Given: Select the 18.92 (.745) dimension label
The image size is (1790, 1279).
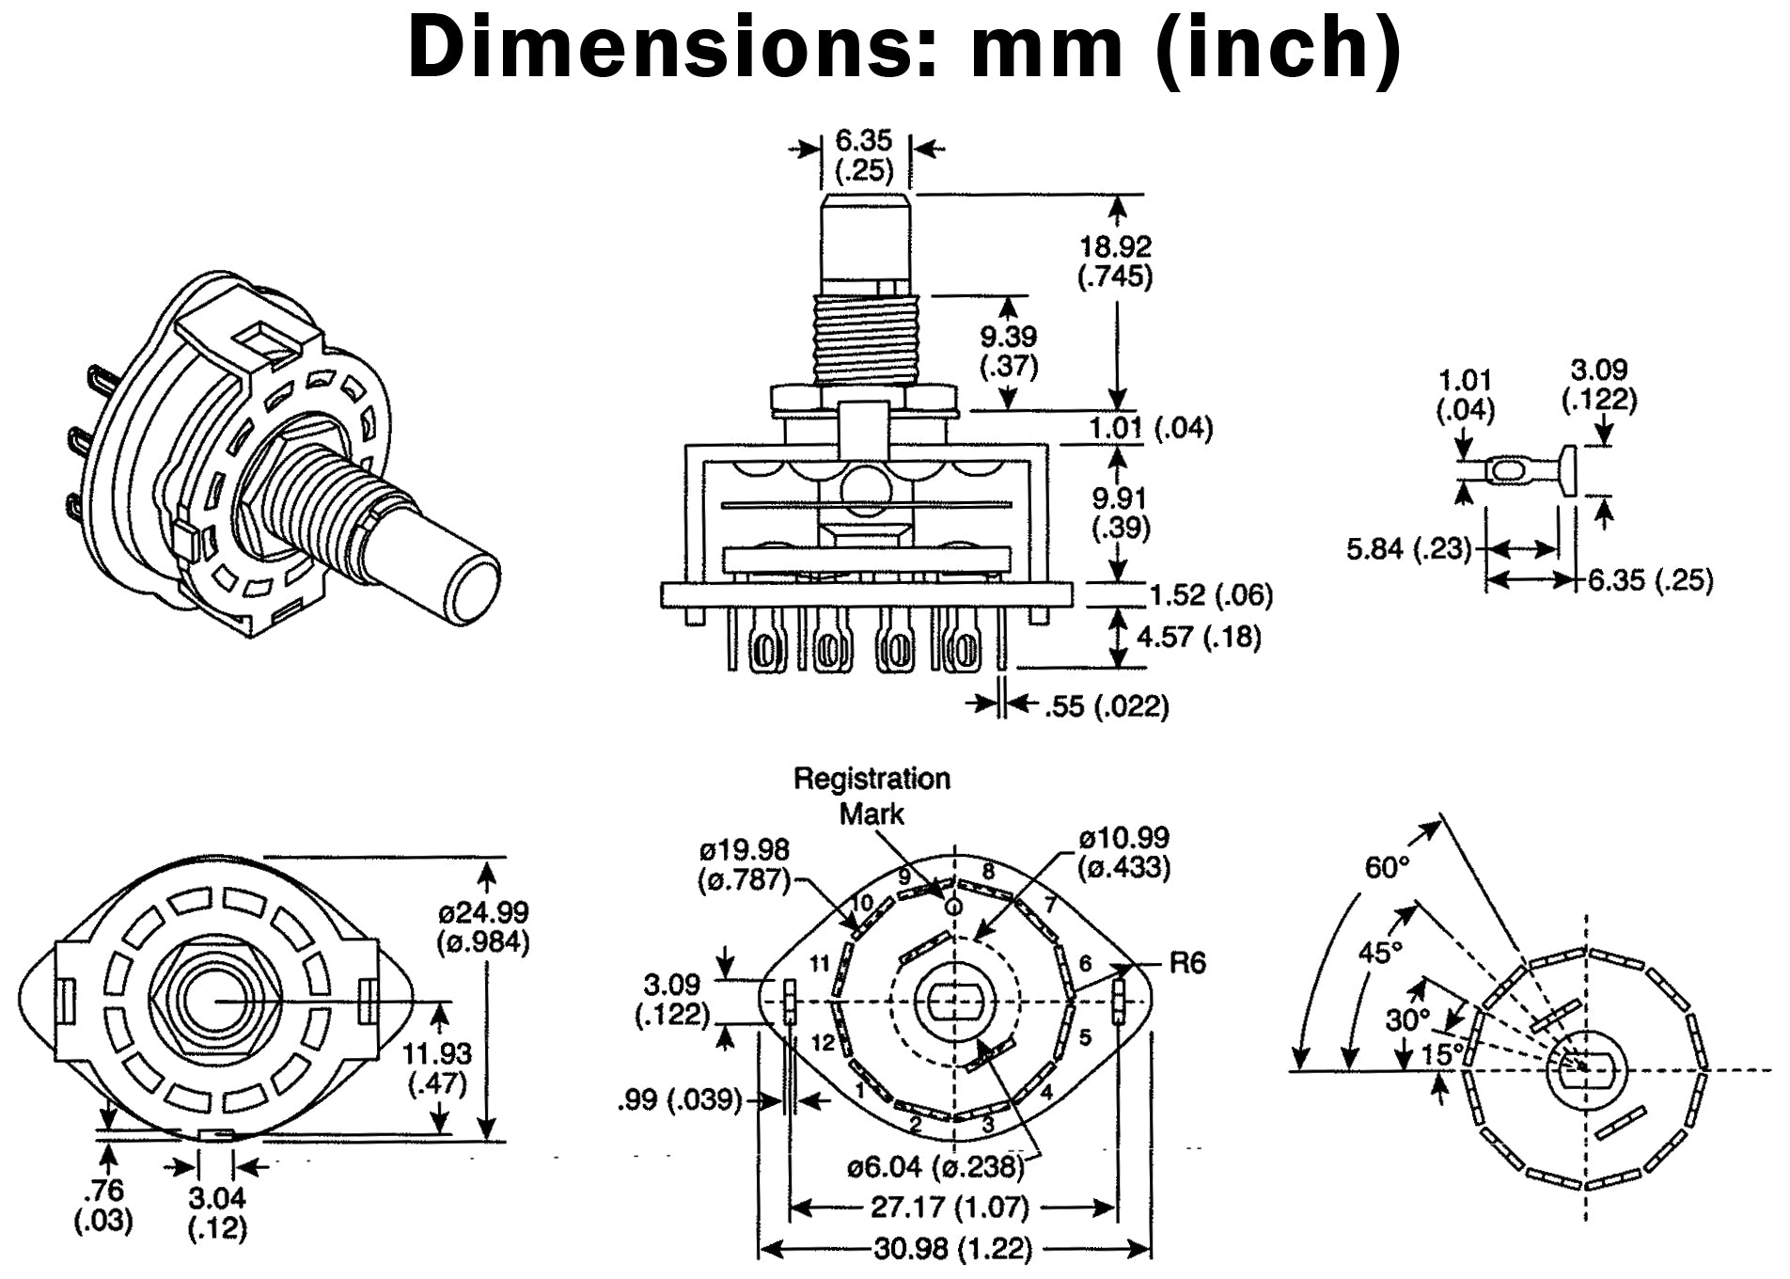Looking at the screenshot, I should coord(1115,261).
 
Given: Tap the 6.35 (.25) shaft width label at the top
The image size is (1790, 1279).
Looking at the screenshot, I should coord(863,156).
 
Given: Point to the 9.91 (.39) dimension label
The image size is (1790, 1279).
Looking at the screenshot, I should coord(1120,513).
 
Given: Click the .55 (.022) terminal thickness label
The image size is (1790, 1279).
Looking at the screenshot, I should coord(1107,706).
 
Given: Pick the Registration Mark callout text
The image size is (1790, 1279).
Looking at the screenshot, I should coord(871,796).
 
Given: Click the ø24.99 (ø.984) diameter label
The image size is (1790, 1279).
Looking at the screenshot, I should coord(483,926).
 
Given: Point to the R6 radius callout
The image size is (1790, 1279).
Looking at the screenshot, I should coord(1186,963).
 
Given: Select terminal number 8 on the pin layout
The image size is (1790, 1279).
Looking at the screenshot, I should coord(988,872).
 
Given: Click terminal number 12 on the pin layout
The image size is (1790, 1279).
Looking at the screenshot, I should coord(823,1042).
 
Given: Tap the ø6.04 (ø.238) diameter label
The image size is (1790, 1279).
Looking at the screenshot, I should coord(934,1167).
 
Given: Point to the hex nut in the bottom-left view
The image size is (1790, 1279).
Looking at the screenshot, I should coord(214,1000).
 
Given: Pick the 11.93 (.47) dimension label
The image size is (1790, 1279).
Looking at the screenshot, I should coord(438,1068).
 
